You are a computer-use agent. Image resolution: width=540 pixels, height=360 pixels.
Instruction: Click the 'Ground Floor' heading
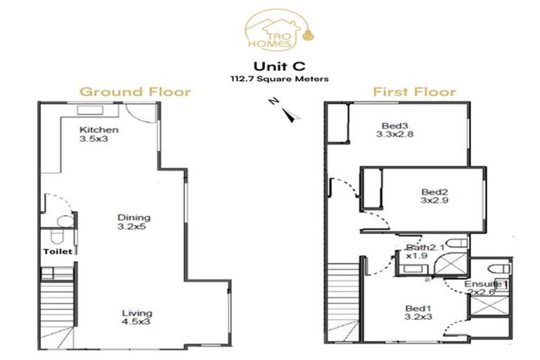(135, 92)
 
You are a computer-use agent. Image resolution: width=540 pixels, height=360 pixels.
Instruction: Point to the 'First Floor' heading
(414, 92)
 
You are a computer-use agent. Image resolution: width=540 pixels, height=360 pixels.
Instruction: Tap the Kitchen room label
(98, 130)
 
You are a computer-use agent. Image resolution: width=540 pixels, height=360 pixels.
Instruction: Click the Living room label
(136, 314)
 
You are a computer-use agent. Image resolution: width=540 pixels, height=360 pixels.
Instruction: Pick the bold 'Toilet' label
(57, 251)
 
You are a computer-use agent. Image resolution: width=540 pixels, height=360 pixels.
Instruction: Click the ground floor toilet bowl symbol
(63, 222)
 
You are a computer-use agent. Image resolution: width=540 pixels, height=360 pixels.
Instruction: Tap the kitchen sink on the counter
(90, 110)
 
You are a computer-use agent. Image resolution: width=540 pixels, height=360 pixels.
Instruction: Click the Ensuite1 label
(486, 283)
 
